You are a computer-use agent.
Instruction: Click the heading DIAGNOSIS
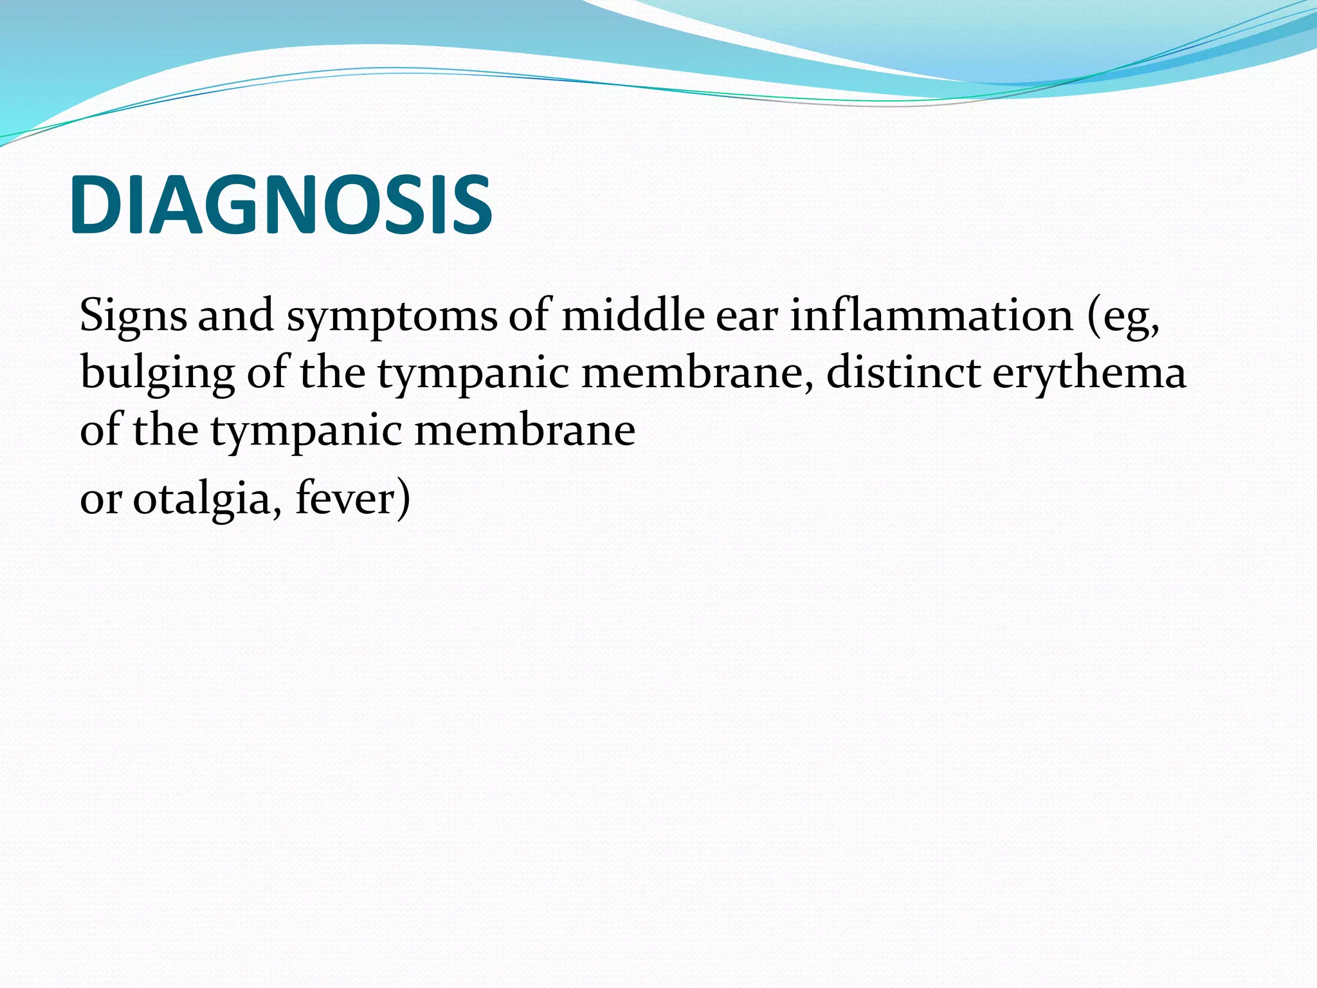pyautogui.click(x=281, y=205)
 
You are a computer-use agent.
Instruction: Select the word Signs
pyautogui.click(x=133, y=316)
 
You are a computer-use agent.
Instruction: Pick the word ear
pyautogui.click(x=746, y=317)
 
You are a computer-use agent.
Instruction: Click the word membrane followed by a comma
pyautogui.click(x=696, y=373)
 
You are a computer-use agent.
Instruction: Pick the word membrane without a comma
pyautogui.click(x=525, y=430)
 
